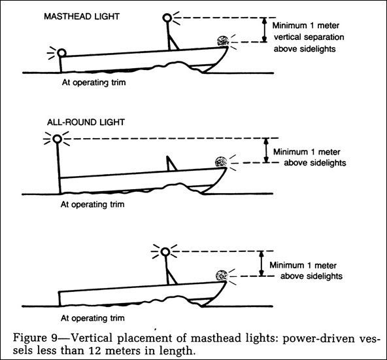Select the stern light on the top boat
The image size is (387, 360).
point(62,52)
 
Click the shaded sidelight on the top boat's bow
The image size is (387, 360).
point(222,41)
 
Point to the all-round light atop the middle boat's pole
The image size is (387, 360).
point(58,139)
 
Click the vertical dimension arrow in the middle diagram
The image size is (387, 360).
point(265,151)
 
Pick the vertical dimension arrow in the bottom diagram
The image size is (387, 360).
point(261,263)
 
